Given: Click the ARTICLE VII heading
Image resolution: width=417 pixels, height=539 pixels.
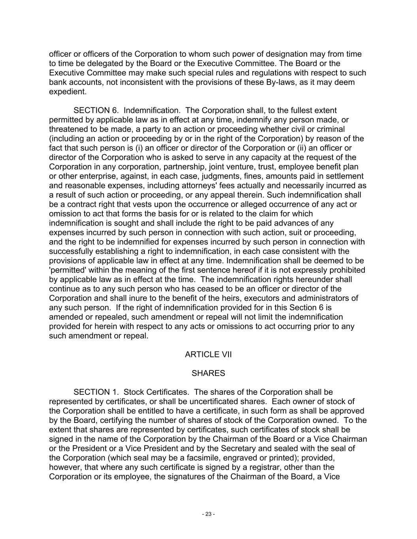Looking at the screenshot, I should click(x=208, y=355).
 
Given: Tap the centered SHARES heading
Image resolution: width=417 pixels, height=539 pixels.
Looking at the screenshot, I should click(x=208, y=373).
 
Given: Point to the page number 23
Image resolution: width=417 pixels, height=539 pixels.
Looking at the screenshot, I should click(x=208, y=514).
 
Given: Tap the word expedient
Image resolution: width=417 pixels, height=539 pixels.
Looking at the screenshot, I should click(x=67, y=92).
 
